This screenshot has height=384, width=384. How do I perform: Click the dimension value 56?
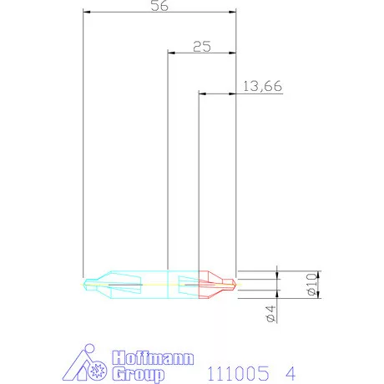(x=159, y=5)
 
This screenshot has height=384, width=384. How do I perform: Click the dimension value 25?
(x=201, y=47)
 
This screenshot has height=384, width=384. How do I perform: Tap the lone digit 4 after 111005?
(x=290, y=367)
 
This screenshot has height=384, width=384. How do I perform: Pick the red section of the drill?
(x=215, y=284)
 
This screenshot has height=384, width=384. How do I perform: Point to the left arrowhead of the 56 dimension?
(x=88, y=12)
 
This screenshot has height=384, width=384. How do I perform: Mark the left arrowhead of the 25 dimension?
(x=172, y=53)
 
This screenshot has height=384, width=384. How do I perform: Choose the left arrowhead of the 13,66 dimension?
(x=202, y=93)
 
